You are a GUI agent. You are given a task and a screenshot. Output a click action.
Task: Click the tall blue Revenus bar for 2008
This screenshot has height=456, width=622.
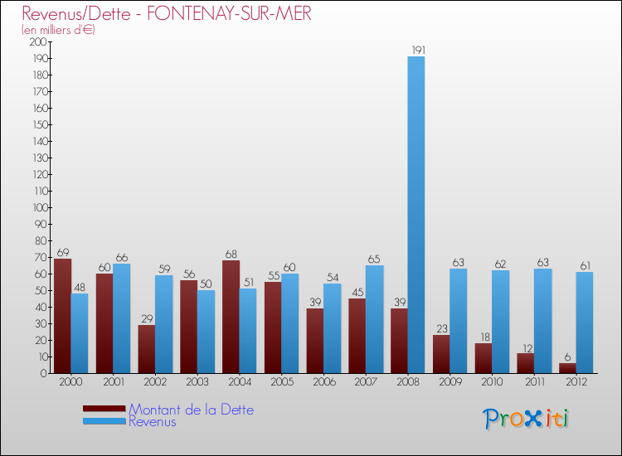(x=416, y=215)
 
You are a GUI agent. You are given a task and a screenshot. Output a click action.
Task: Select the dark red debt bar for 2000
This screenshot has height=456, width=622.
(x=62, y=316)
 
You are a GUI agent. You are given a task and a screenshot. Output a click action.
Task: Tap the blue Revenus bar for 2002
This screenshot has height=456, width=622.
(x=163, y=324)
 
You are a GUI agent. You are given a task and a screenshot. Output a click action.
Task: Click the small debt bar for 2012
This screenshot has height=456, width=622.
(x=567, y=368)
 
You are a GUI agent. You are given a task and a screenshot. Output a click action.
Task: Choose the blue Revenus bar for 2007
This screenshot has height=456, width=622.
(x=374, y=319)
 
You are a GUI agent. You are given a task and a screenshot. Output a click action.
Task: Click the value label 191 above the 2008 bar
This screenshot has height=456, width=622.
(x=416, y=51)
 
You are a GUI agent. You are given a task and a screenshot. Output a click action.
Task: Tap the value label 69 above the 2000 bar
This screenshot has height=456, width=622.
(x=62, y=252)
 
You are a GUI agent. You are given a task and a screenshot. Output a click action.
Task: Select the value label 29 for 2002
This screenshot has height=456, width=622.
(x=146, y=318)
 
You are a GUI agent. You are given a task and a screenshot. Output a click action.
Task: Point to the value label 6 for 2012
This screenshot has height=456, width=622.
(x=567, y=357)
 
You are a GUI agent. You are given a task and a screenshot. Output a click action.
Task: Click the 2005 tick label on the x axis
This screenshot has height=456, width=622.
(x=281, y=383)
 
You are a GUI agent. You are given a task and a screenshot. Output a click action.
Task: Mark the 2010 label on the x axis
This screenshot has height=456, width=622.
(x=492, y=383)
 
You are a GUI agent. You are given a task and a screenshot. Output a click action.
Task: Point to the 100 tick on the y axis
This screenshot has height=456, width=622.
(x=38, y=207)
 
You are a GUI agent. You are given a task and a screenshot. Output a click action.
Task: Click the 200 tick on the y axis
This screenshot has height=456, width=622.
(x=38, y=41)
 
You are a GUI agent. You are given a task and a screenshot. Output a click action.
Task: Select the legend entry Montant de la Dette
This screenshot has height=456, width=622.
(x=191, y=410)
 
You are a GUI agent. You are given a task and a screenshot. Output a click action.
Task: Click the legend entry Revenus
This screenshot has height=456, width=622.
(x=153, y=421)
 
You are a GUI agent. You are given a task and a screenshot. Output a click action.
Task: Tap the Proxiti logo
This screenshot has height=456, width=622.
(x=527, y=419)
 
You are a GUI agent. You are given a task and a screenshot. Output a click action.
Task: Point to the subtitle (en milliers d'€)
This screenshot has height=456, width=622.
(x=59, y=30)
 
